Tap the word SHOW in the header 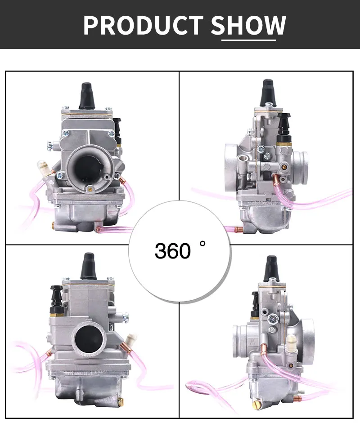click(248, 25)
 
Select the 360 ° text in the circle click(180, 250)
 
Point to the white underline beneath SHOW click(248, 40)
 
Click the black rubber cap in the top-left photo click(86, 96)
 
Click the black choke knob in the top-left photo click(118, 126)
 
